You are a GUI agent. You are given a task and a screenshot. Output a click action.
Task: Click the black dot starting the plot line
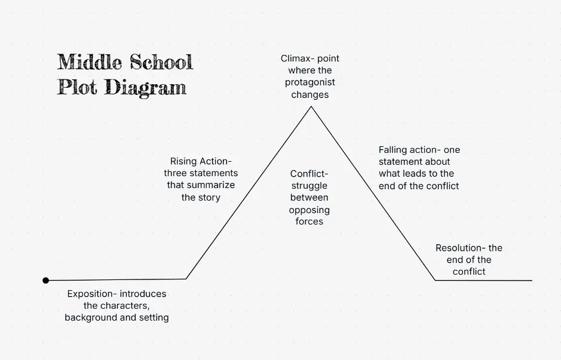pyautogui.click(x=45, y=280)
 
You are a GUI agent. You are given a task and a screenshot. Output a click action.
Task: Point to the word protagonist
pyautogui.click(x=310, y=82)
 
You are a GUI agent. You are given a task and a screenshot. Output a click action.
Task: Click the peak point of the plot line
pyautogui.click(x=311, y=107)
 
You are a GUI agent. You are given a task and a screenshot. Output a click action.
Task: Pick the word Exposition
pyautogui.click(x=91, y=294)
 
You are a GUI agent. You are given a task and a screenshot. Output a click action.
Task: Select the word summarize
pyautogui.click(x=211, y=185)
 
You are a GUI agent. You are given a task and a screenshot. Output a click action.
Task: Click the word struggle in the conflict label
pyautogui.click(x=309, y=186)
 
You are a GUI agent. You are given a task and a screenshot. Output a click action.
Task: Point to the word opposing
pyautogui.click(x=309, y=210)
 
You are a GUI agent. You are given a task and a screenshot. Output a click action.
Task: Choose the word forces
pyautogui.click(x=309, y=221)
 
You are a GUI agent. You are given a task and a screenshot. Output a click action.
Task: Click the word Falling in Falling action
pyautogui.click(x=394, y=150)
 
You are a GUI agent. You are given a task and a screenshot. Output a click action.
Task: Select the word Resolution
pyautogui.click(x=459, y=248)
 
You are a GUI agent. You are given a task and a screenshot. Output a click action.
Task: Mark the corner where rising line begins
pyautogui.click(x=186, y=279)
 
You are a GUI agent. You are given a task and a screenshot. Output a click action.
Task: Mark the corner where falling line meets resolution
pyautogui.click(x=436, y=279)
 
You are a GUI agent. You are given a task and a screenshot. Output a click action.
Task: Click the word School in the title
pyautogui.click(x=162, y=62)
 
